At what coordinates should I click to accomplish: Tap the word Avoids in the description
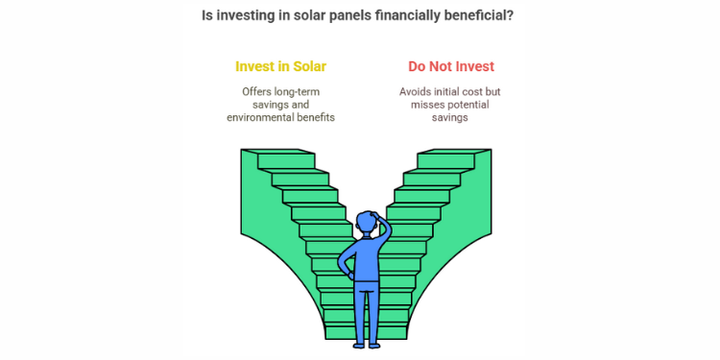417,92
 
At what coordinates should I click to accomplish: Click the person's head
365,224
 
